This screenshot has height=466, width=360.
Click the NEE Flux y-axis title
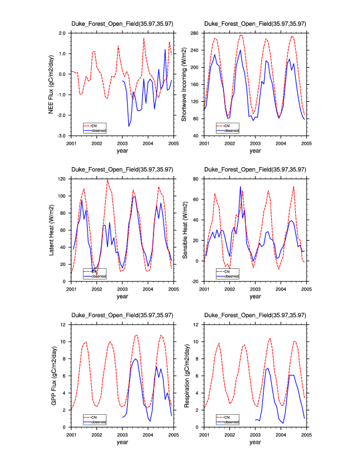52,84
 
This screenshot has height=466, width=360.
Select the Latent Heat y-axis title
52,230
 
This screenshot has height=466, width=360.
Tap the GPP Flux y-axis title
52,376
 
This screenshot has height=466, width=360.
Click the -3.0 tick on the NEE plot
61,136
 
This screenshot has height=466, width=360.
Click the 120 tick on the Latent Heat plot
62,178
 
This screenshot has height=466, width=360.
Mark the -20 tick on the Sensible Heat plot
195,282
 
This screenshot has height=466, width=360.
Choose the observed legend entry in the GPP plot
100,421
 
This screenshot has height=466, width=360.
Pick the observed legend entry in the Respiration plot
232,421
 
